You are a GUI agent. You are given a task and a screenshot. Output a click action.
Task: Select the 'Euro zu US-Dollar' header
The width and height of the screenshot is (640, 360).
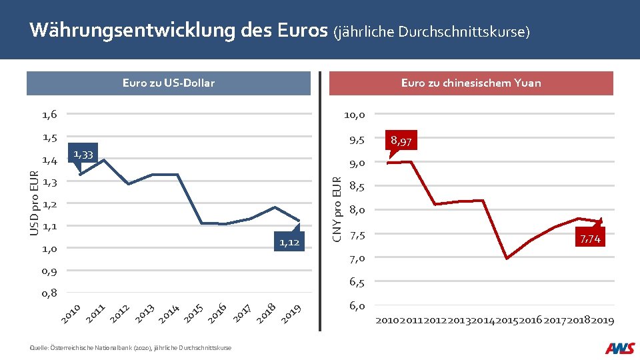pos(169,83)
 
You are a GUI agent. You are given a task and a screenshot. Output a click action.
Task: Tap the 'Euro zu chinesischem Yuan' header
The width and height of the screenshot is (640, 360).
pos(471,83)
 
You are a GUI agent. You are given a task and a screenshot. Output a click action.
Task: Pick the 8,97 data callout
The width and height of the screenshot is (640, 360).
pos(401,141)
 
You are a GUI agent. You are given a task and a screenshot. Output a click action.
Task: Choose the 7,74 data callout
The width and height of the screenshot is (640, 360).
pos(590,238)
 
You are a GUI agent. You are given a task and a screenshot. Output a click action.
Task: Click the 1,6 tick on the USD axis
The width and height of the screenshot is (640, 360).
pos(50,115)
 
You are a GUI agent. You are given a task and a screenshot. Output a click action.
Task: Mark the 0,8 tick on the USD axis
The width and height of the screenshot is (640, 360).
pos(50,293)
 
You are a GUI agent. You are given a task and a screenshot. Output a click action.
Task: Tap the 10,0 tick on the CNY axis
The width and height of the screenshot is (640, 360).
pos(354,115)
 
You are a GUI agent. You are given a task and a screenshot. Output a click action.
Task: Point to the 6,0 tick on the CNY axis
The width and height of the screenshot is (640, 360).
pos(357,306)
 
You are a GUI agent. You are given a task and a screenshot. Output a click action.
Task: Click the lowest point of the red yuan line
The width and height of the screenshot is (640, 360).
pos(507,259)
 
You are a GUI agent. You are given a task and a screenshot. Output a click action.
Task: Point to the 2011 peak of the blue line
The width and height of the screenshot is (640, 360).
pos(104,159)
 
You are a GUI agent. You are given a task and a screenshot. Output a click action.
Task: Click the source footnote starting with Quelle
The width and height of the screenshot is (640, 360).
pos(131,348)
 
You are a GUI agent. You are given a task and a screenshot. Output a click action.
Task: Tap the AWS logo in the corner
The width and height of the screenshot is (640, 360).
pos(619,348)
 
